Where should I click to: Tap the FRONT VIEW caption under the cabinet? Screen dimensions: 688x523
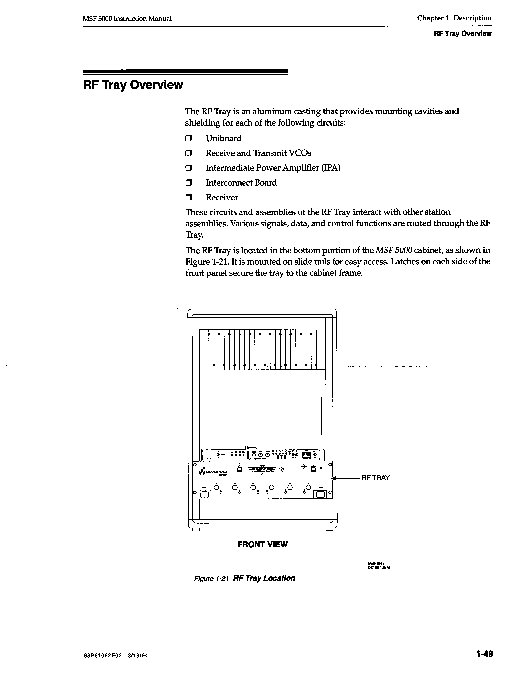pyautogui.click(x=262, y=544)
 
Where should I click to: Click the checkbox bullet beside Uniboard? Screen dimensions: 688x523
pyautogui.click(x=188, y=139)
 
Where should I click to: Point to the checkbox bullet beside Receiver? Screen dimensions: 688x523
pyautogui.click(x=188, y=198)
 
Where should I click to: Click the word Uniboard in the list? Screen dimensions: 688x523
pyautogui.click(x=224, y=139)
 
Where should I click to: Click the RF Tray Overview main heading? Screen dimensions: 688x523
pyautogui.click(x=133, y=85)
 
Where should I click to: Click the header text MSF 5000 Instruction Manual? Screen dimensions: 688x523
pyautogui.click(x=127, y=19)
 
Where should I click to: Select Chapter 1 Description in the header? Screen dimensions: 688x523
pyautogui.click(x=454, y=18)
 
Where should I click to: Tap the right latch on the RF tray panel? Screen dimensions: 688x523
pyautogui.click(x=321, y=494)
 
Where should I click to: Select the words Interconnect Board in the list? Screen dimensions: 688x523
pyautogui.click(x=241, y=183)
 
